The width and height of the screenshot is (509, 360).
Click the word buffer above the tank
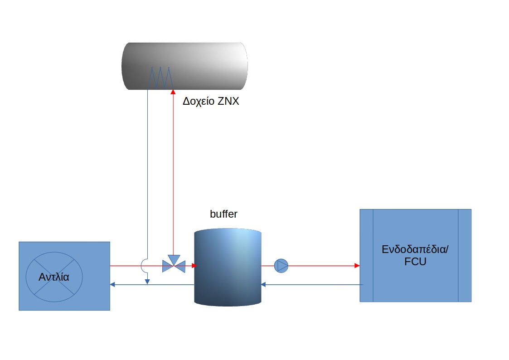[223, 214]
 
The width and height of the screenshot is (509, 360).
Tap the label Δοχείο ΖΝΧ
[211, 102]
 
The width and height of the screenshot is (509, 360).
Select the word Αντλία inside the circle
[54, 277]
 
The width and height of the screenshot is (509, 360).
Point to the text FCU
[415, 262]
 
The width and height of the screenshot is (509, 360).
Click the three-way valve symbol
[174, 265]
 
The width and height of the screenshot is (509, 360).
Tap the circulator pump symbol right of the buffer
[281, 266]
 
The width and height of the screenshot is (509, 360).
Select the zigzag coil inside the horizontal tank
[160, 78]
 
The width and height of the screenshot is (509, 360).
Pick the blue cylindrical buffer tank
[228, 268]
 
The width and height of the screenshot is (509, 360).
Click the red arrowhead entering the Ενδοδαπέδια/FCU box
[357, 266]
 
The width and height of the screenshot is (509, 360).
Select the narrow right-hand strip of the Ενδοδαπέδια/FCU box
[465, 255]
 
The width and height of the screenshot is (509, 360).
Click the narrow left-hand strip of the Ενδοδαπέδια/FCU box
[367, 255]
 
